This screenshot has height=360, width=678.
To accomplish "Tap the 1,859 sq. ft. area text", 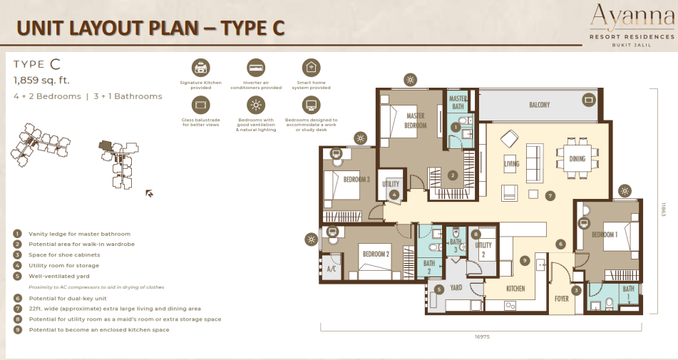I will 41,80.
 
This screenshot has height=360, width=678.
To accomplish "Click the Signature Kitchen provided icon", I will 200,68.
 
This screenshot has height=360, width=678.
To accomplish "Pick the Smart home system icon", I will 311,68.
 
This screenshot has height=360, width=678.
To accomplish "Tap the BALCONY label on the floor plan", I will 539,106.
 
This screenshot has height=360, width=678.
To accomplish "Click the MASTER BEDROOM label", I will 416,120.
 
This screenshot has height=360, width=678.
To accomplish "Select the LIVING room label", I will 511,164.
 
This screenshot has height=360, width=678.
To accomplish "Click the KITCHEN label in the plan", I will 515,289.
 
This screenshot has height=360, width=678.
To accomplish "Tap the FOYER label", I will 562,299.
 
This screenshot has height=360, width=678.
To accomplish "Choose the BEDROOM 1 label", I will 604,235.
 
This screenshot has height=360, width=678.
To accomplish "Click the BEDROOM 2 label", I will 375,254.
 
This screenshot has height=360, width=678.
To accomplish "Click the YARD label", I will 457,289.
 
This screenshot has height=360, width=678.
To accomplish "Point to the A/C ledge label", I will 331,269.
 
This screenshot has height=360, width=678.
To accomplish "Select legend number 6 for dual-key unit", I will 17,298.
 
